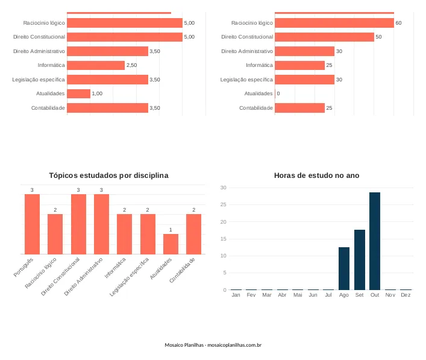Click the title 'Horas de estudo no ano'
point(316,175)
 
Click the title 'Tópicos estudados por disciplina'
point(108,175)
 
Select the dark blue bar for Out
point(375,241)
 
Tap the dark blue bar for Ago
point(344,268)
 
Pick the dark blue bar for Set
point(360,260)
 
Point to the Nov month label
point(390,295)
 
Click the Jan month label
point(236,295)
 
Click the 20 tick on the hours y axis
point(224,222)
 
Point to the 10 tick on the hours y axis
point(224,256)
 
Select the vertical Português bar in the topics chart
point(32,224)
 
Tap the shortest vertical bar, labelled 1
point(171,244)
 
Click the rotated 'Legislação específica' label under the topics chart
point(130,277)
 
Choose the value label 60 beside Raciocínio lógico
point(398,23)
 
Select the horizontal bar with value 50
point(324,37)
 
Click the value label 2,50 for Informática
point(131,65)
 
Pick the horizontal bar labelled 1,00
point(78,93)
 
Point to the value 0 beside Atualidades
point(278,93)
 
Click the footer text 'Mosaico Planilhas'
point(184,345)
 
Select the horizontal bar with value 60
point(334,23)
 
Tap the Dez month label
point(406,295)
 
